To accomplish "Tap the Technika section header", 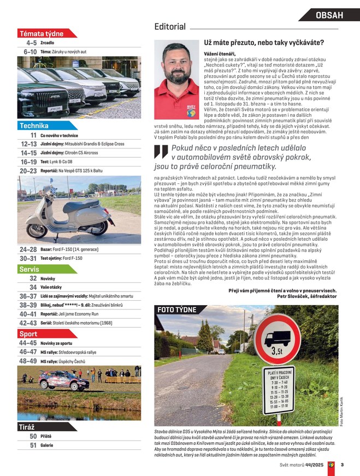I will [34, 126].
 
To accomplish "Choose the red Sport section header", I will [28, 334].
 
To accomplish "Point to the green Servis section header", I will [29, 269].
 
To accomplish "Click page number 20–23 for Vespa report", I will [28, 171].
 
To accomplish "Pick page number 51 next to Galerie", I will [33, 445].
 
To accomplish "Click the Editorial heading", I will [170, 27].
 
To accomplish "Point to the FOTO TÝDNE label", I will [176, 310].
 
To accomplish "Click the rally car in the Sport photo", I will [56, 380].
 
